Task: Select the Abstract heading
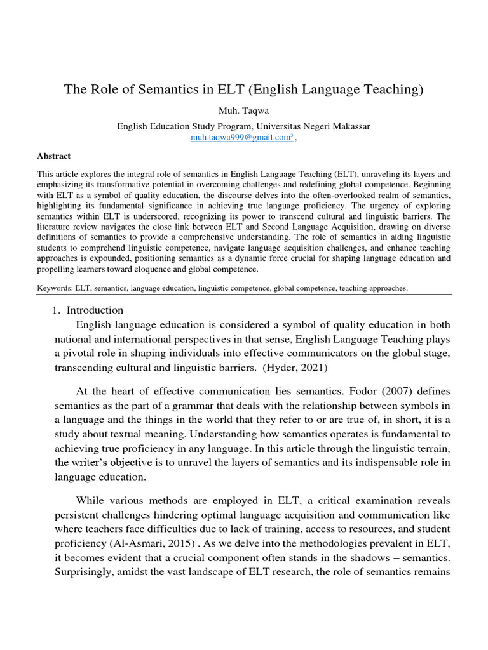click(54, 156)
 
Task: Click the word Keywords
click(55, 288)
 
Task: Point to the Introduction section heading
click(95, 310)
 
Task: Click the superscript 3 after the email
click(291, 135)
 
